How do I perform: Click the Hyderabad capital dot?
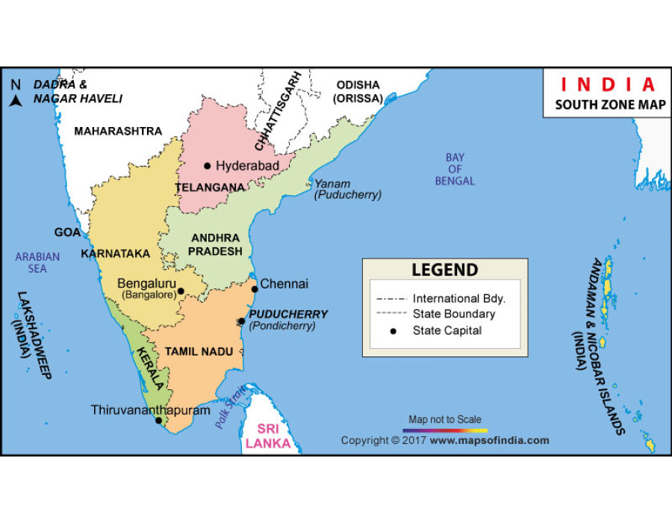tap(208, 166)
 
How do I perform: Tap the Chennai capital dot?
tap(255, 288)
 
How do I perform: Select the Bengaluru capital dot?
tap(181, 291)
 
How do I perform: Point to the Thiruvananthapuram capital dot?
tap(158, 421)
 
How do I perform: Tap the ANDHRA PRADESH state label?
tap(215, 244)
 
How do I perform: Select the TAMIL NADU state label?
tap(199, 351)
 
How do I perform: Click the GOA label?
tap(67, 232)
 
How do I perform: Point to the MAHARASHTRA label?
tap(118, 131)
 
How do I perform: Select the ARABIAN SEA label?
tap(37, 263)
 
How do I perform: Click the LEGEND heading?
tap(445, 270)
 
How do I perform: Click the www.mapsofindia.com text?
tap(489, 441)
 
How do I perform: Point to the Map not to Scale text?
tap(445, 420)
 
